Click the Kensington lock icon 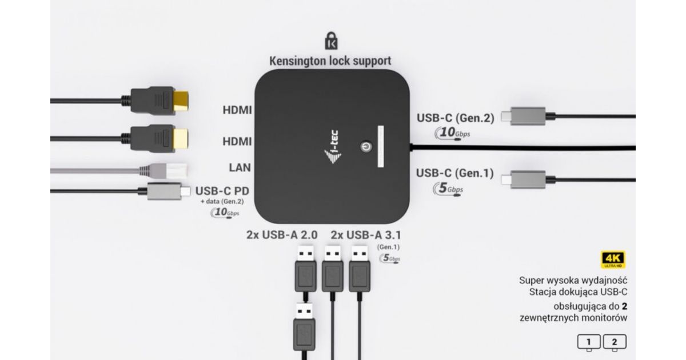pos(331,42)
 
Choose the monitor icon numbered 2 pos(615,343)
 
